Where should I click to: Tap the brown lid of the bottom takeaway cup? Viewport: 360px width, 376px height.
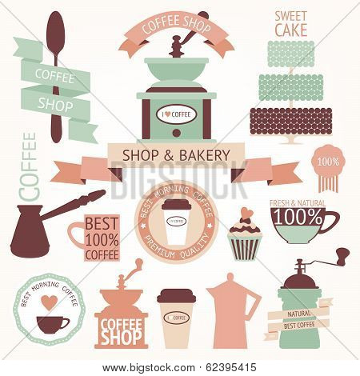click(x=175, y=295)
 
